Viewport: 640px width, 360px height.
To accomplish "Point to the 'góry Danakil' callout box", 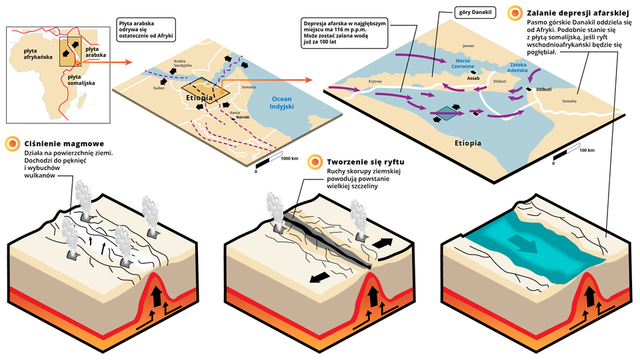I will pyautogui.click(x=477, y=13).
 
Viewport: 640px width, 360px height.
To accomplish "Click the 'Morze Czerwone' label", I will pyautogui.click(x=463, y=64).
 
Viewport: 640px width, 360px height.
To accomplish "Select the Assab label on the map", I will pyautogui.click(x=473, y=78).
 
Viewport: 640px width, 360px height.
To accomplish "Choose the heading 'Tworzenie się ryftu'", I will pyautogui.click(x=365, y=162).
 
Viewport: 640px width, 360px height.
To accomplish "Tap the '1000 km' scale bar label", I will pyautogui.click(x=289, y=159).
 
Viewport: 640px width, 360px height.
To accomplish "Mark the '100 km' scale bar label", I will pyautogui.click(x=587, y=151).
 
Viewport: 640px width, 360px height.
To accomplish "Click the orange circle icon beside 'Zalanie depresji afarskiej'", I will pyautogui.click(x=515, y=12).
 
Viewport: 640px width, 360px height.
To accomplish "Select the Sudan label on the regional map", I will pyautogui.click(x=158, y=87).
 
